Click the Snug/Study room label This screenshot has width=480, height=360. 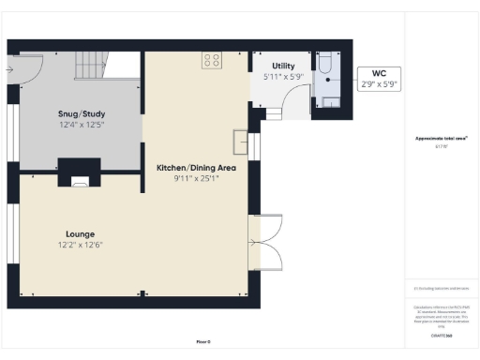pyautogui.click(x=82, y=113)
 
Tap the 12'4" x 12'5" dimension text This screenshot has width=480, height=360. pyautogui.click(x=82, y=125)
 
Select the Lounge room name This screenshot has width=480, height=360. pyautogui.click(x=80, y=233)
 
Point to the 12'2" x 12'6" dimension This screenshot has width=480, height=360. pyautogui.click(x=80, y=245)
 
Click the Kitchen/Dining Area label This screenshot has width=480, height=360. pyautogui.click(x=195, y=167)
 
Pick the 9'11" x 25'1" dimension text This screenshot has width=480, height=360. pyautogui.click(x=195, y=178)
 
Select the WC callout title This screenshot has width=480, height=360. pyautogui.click(x=380, y=72)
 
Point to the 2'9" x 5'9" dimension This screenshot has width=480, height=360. pyautogui.click(x=380, y=83)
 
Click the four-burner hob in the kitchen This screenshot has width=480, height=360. pyautogui.click(x=211, y=60)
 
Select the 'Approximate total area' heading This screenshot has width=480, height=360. pyautogui.click(x=441, y=138)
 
